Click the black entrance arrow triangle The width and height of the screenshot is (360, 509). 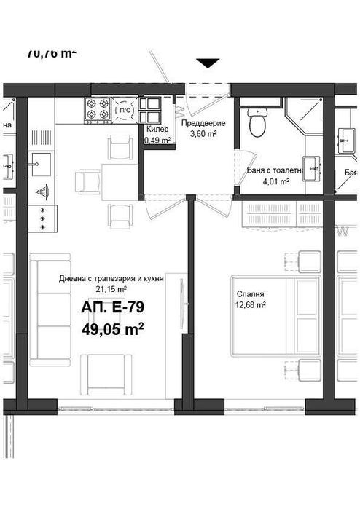click(x=208, y=63)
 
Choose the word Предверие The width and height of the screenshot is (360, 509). click(x=203, y=123)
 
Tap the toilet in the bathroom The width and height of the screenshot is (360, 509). click(x=256, y=123)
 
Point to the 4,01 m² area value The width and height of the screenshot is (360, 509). click(x=275, y=181)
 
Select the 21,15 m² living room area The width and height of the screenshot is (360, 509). click(x=111, y=288)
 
